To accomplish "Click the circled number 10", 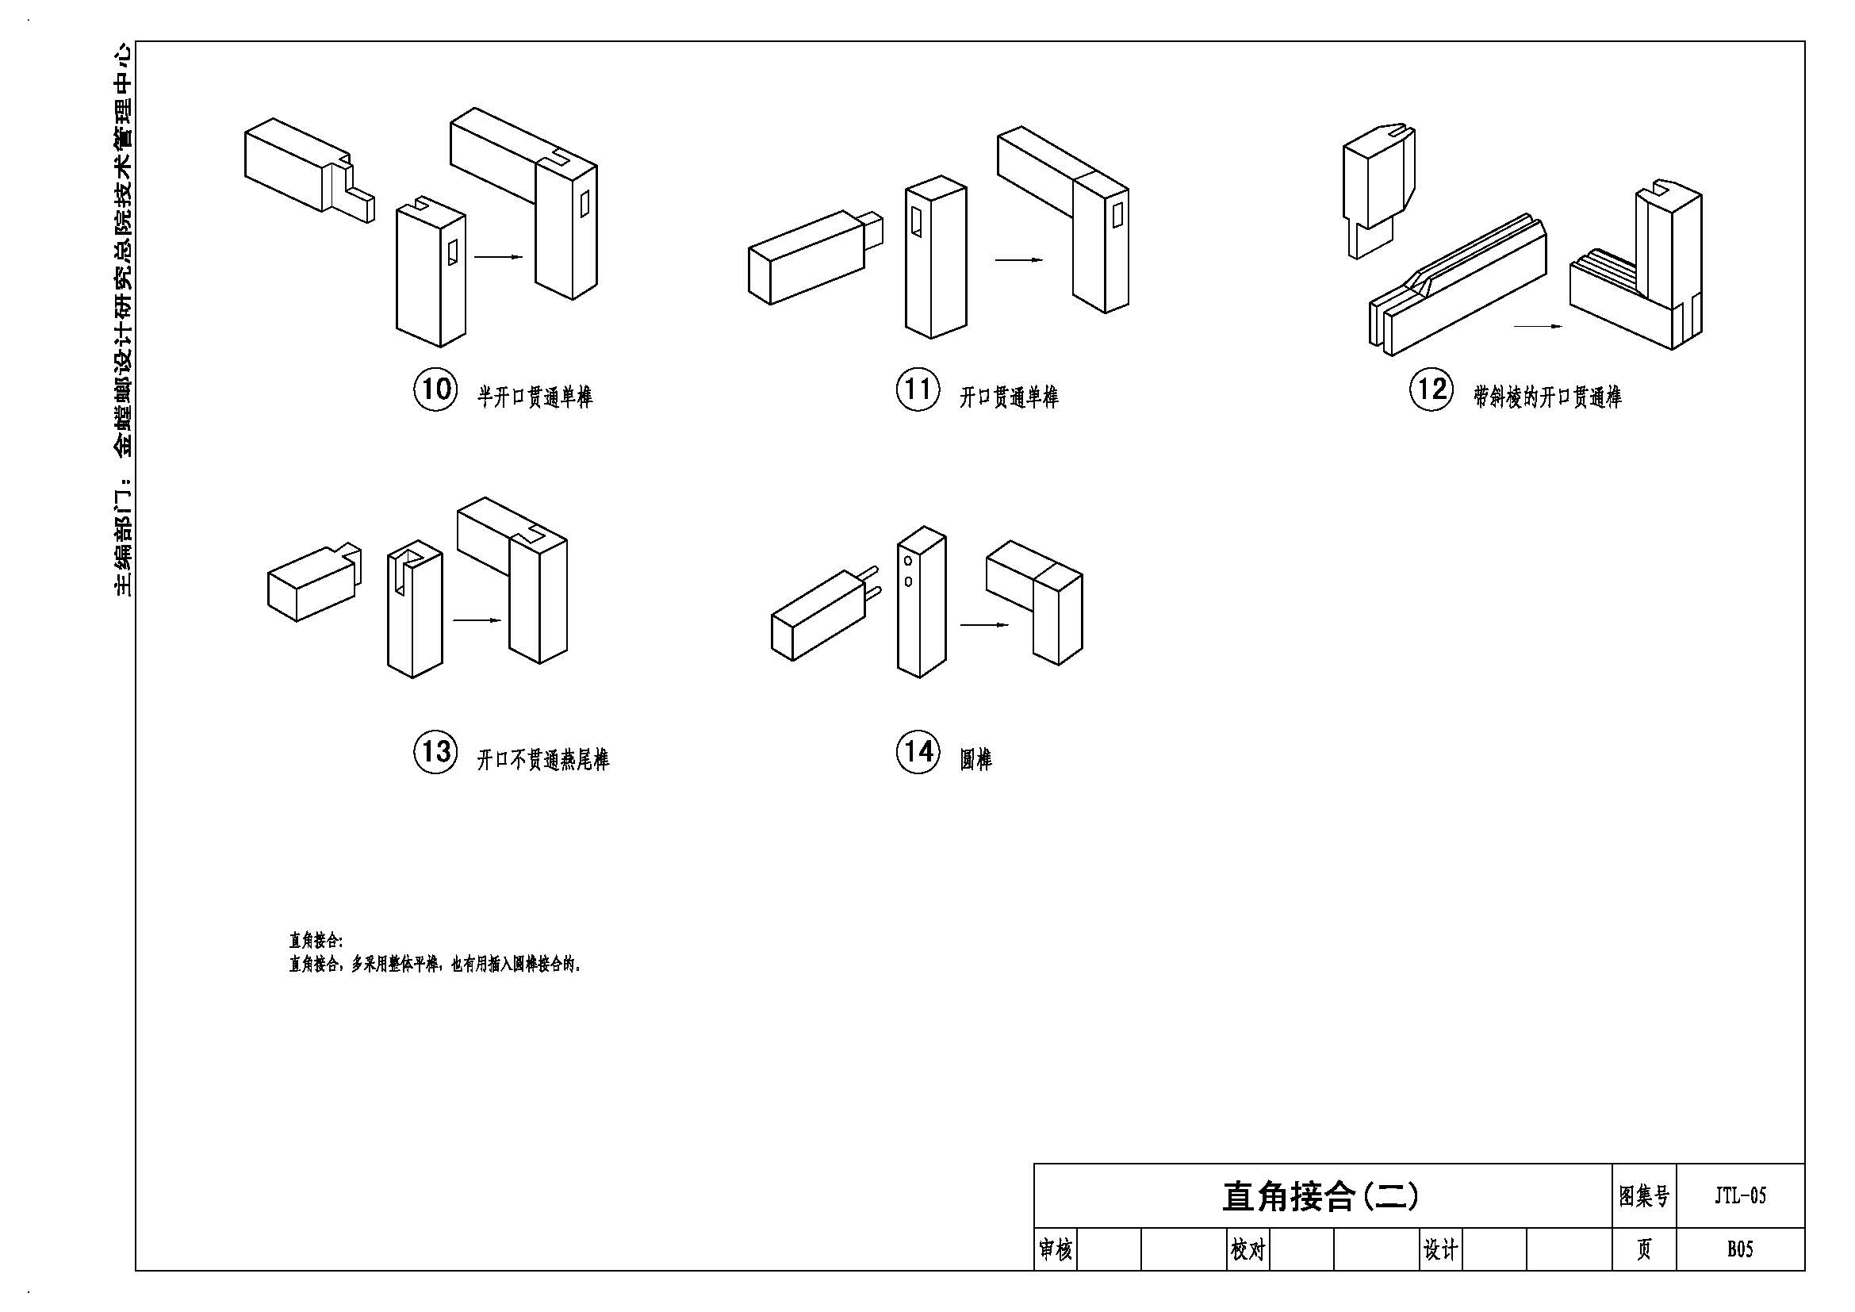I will click(x=435, y=389).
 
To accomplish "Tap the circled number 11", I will click(x=917, y=389).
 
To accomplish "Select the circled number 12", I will click(x=1431, y=389).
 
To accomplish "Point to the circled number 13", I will click(x=435, y=752).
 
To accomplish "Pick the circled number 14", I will click(x=917, y=752).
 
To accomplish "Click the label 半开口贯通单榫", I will click(x=535, y=397).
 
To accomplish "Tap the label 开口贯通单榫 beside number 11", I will click(x=1009, y=397).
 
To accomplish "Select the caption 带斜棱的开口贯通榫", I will click(x=1547, y=397).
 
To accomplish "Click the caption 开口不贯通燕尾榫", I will click(x=543, y=759).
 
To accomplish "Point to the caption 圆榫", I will click(x=976, y=759).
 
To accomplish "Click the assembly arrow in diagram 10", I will click(x=499, y=258).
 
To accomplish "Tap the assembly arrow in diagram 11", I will click(x=1019, y=260).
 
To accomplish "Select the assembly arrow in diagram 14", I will click(x=984, y=624).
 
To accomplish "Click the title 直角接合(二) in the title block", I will click(x=1320, y=1196).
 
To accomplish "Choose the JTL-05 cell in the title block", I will click(x=1740, y=1195).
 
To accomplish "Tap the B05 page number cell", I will click(x=1740, y=1250).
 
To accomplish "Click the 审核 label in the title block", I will click(x=1055, y=1251).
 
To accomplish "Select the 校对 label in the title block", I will click(x=1248, y=1251).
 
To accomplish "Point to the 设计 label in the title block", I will click(x=1440, y=1251).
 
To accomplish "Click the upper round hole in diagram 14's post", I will click(x=909, y=561).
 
